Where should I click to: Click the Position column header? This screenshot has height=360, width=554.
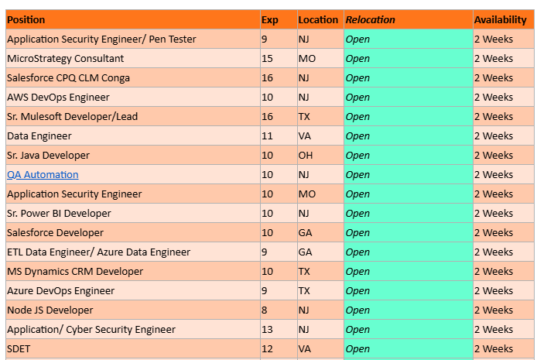point(26,19)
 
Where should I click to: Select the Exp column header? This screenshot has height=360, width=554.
point(270,19)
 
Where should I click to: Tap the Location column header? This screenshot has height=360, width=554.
point(318,19)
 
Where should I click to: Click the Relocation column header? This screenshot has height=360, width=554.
point(370,19)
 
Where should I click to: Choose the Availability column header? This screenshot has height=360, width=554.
point(500,19)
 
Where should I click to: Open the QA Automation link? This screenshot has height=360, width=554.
point(43,175)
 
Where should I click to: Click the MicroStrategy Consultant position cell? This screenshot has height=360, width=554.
point(65,59)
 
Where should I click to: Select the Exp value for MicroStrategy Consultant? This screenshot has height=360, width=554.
point(268,59)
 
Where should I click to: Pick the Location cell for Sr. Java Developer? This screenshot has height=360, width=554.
point(306,156)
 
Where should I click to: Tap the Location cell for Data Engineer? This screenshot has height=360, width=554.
point(306,136)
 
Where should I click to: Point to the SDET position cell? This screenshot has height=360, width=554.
point(19,349)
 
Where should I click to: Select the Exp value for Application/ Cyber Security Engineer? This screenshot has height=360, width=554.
point(268,330)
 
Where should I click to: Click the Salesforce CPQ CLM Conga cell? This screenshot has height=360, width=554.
point(68,78)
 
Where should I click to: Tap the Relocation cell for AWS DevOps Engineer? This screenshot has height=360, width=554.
point(357,98)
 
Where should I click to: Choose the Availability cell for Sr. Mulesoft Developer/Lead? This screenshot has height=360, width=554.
point(493,117)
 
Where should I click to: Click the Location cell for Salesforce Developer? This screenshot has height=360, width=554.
point(306,233)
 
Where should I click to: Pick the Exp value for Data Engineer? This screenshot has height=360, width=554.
point(268,136)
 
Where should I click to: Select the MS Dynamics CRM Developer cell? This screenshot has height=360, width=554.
point(75,272)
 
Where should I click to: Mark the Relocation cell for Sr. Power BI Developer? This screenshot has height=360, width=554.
point(357,214)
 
